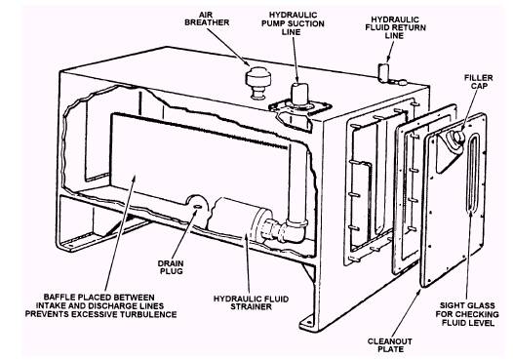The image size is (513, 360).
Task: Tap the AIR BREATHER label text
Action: coord(207,19)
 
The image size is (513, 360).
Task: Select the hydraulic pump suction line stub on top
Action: coord(299,93)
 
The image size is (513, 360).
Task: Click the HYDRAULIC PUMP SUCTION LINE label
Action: coord(293,23)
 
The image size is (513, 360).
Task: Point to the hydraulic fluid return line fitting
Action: coord(383,71)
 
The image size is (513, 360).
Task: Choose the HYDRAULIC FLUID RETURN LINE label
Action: coord(395,27)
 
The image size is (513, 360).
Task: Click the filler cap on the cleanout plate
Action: coord(457,138)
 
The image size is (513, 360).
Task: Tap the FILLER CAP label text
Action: coord(478,82)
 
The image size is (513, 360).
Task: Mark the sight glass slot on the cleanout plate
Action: coord(473,174)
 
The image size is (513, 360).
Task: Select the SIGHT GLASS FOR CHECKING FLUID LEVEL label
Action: coord(467,314)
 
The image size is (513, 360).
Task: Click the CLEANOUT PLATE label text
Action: coord(390,345)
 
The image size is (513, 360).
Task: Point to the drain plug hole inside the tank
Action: coord(198,207)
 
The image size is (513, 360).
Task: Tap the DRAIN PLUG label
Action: coord(171,267)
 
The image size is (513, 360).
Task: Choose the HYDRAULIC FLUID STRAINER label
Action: coord(251,302)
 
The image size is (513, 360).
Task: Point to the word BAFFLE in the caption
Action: coord(58,298)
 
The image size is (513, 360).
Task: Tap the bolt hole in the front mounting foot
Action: coord(308,323)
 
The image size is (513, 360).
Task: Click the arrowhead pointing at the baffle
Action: coord(134,179)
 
